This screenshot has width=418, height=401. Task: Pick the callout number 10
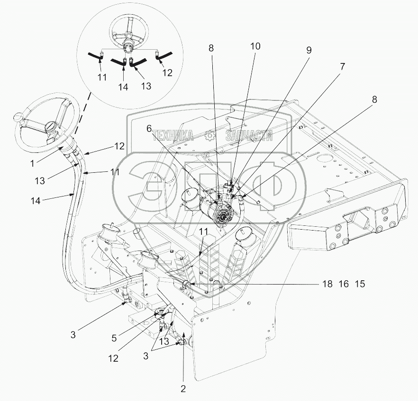click(x=255, y=46)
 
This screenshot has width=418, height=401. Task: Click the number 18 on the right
click(x=327, y=284)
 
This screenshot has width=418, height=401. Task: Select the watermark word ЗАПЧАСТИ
click(x=249, y=136)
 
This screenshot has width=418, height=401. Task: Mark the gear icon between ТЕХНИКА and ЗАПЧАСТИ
click(x=210, y=136)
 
